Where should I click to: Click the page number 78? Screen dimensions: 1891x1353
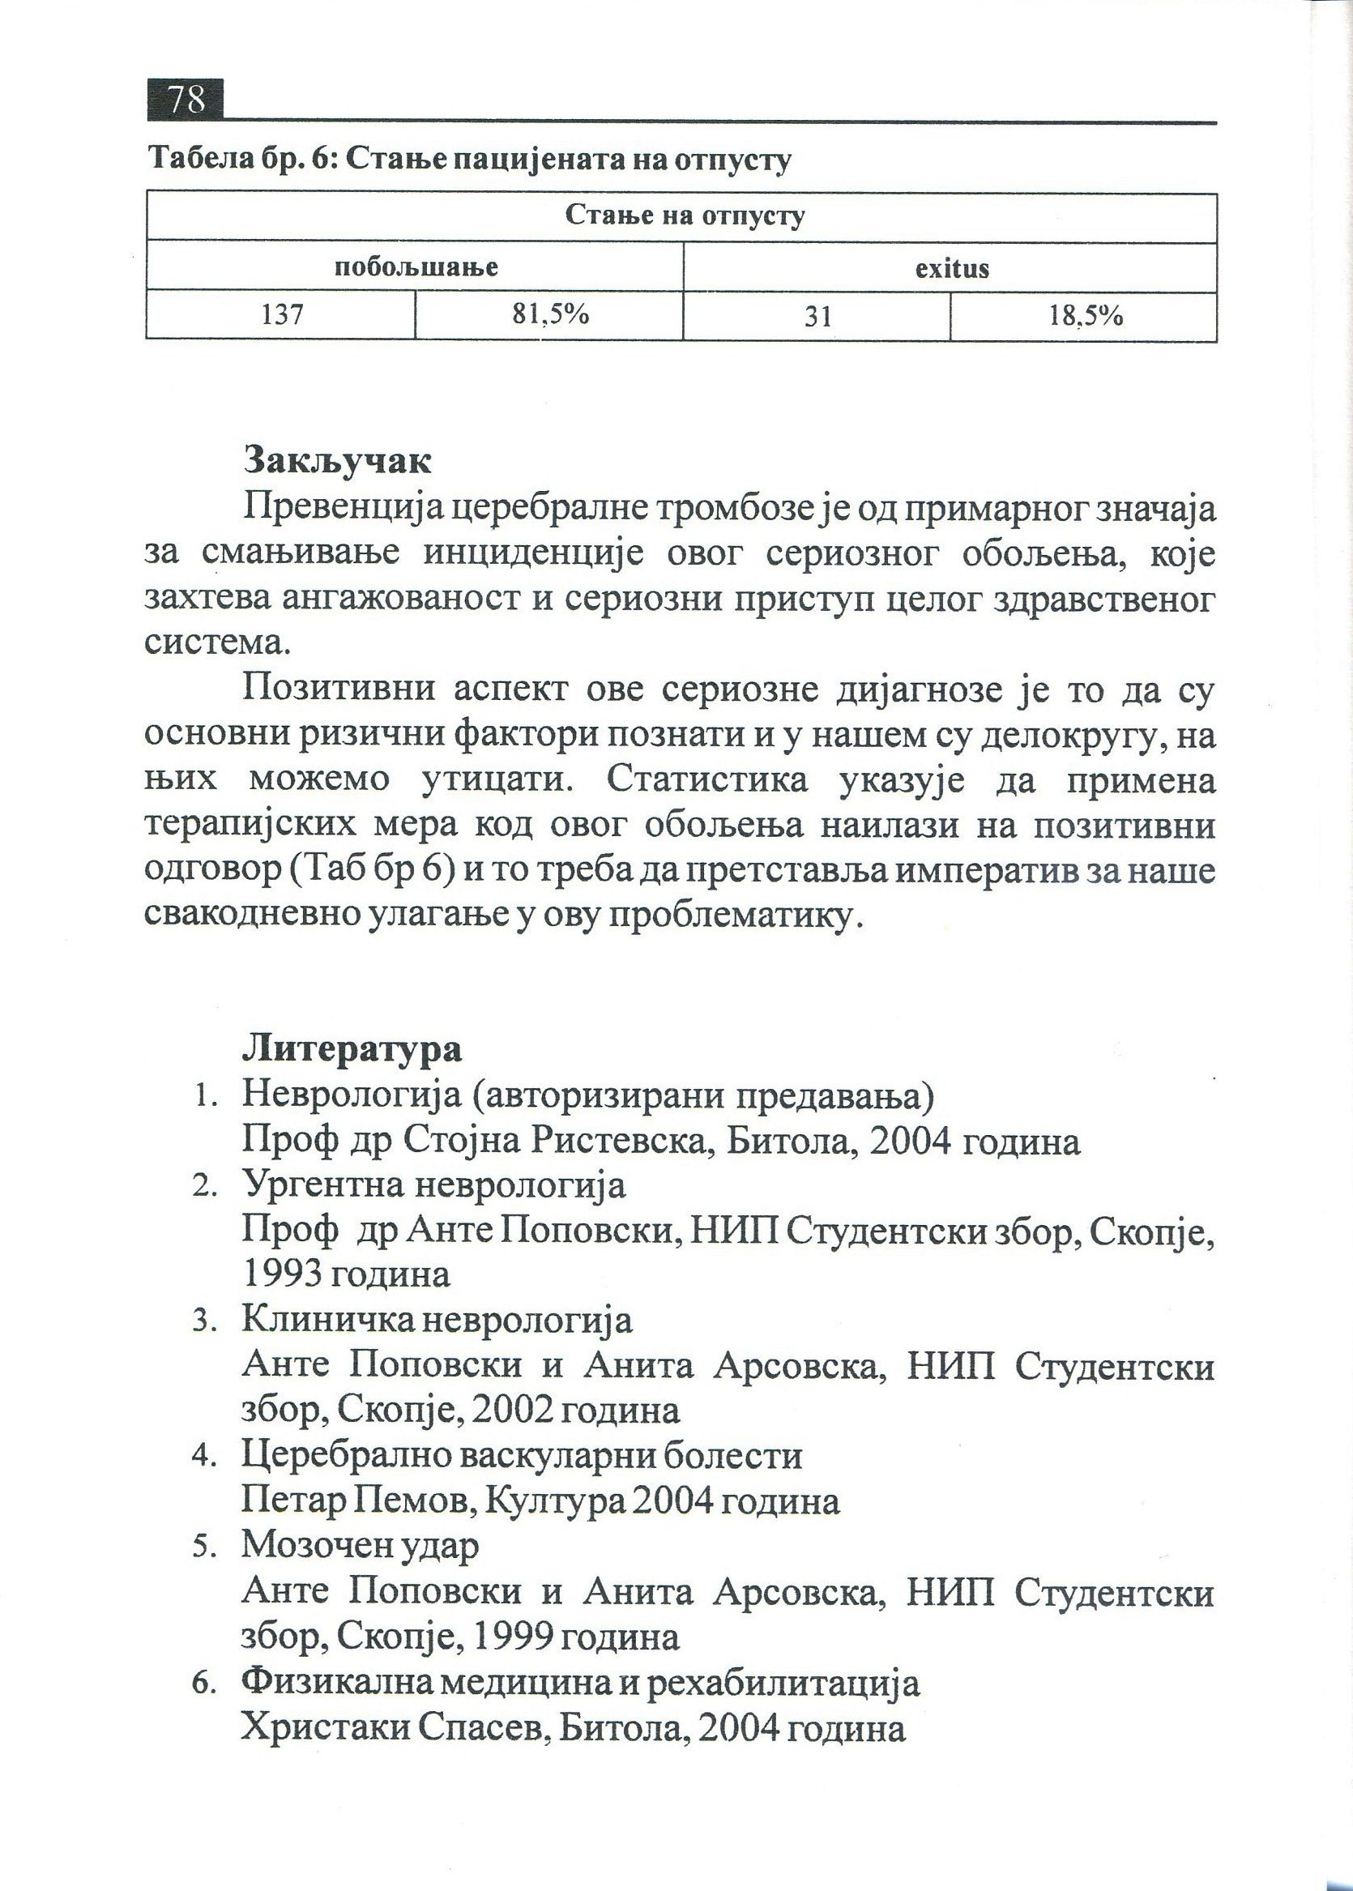pyautogui.click(x=186, y=100)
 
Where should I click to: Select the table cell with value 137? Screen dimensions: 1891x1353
pyautogui.click(x=281, y=316)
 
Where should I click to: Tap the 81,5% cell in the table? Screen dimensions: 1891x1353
pyautogui.click(x=550, y=315)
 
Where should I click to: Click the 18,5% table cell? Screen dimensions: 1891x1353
pyautogui.click(x=1085, y=316)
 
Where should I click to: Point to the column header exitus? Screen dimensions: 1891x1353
pyautogui.click(x=951, y=268)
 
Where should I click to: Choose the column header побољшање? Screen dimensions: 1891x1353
pyautogui.click(x=416, y=267)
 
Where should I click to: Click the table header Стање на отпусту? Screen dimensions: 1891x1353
pyautogui.click(x=684, y=216)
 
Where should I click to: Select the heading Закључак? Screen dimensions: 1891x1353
pyautogui.click(x=336, y=461)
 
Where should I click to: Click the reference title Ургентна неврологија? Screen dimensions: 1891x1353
pyautogui.click(x=433, y=1184)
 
